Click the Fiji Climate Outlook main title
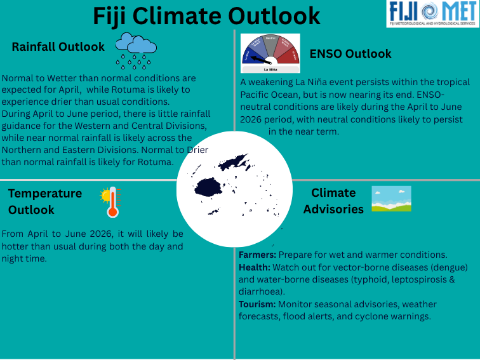coord(206,15)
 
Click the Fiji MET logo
coord(430,13)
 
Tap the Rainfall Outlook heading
coord(58,47)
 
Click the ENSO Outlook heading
coord(350,54)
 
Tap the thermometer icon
coord(110,202)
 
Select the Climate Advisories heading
coord(333,201)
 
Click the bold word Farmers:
coord(258,254)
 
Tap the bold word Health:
coord(255,266)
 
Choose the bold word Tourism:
coord(257,304)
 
